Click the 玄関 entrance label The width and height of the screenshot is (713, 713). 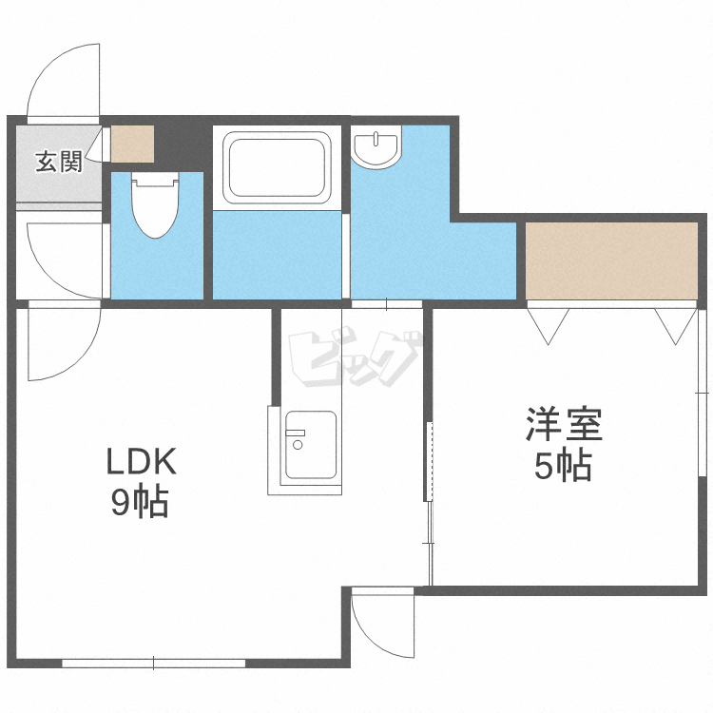click(59, 162)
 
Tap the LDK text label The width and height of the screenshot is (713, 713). click(141, 461)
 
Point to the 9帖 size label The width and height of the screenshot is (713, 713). click(141, 502)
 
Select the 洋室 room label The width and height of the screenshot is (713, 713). click(564, 424)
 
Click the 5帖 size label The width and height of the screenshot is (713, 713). click(563, 465)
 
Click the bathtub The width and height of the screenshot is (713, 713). click(277, 167)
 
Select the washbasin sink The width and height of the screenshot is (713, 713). click(376, 146)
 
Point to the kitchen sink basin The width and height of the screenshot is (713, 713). click(311, 445)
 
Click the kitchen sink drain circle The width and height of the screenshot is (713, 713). click(298, 445)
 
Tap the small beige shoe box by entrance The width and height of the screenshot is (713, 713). click(132, 144)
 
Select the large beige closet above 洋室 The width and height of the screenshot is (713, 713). click(611, 260)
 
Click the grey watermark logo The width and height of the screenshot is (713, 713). click(355, 356)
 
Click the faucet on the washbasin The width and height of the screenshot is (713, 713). click(376, 139)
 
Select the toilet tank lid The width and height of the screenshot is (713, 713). click(155, 182)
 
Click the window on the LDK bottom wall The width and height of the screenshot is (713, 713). click(154, 663)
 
